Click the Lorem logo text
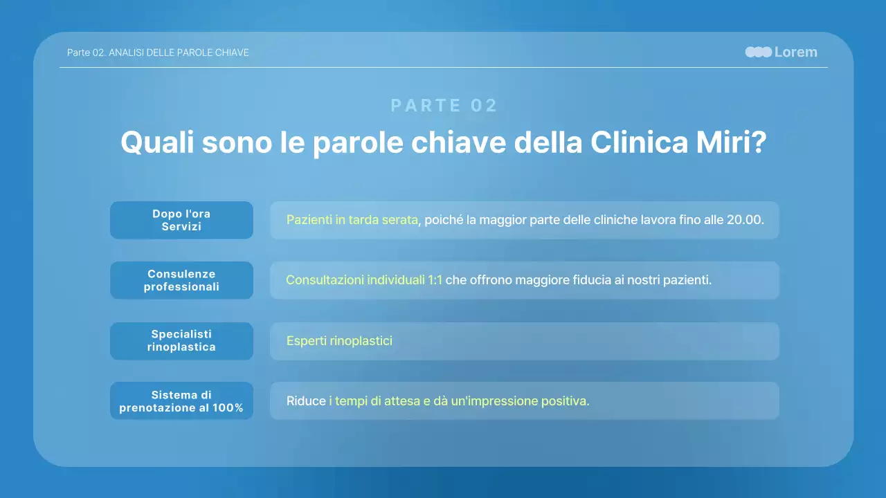pyautogui.click(x=795, y=52)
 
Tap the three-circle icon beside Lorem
pyautogui.click(x=758, y=52)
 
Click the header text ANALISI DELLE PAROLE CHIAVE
pyautogui.click(x=179, y=53)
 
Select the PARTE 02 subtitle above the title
pyautogui.click(x=444, y=105)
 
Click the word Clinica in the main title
pyautogui.click(x=636, y=142)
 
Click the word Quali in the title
pyautogui.click(x=157, y=142)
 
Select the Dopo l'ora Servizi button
pyautogui.click(x=181, y=220)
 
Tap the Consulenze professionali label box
pyautogui.click(x=181, y=280)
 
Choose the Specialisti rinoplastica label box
pyautogui.click(x=181, y=341)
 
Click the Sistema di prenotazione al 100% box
pyautogui.click(x=181, y=401)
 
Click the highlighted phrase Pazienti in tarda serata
pyautogui.click(x=352, y=220)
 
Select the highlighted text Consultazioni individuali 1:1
pyautogui.click(x=363, y=280)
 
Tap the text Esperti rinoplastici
pyautogui.click(x=339, y=341)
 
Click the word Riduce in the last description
pyautogui.click(x=306, y=401)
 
